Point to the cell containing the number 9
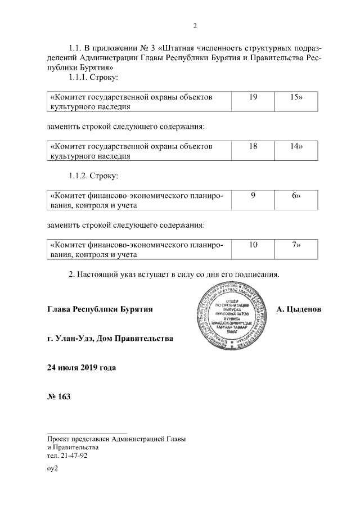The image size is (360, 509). [x=254, y=195]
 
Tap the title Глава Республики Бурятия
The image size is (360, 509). [x=100, y=309]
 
